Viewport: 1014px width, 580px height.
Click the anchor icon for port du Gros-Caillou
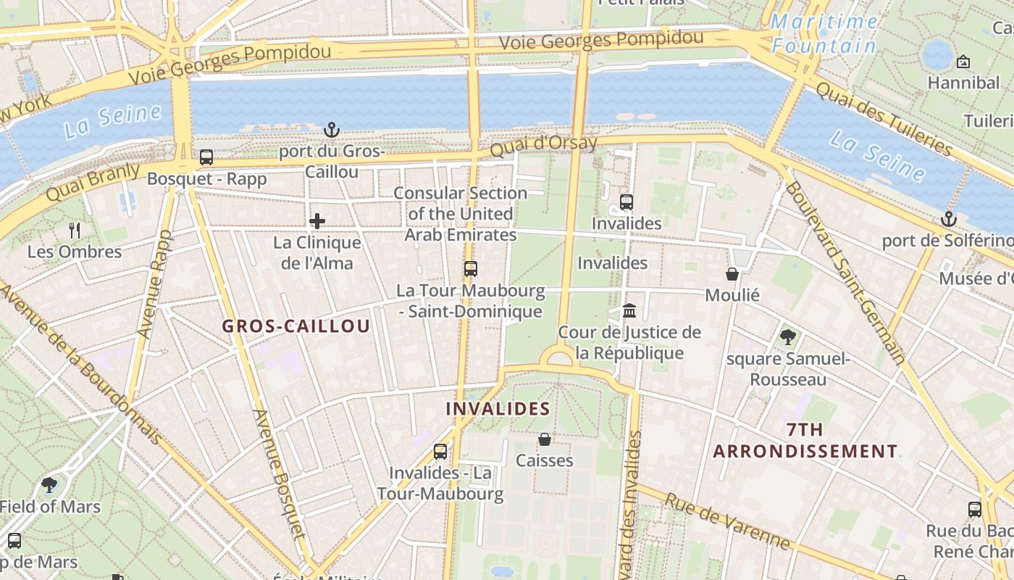coord(331,130)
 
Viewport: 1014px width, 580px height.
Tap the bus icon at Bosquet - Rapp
coord(206,157)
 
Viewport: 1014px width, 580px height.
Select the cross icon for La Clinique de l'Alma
coord(317,222)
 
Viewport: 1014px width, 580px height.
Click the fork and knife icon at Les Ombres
coord(75,231)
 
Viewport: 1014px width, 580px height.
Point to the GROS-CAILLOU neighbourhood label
coord(296,326)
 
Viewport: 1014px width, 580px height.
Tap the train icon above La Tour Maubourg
coord(471,269)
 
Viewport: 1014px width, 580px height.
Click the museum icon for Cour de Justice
coord(629,311)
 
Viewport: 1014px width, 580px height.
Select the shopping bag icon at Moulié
coord(732,274)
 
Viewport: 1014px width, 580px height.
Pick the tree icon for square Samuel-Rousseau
coord(788,337)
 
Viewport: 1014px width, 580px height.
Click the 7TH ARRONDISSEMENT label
coord(805,441)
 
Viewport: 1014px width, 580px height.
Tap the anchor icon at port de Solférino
coord(948,219)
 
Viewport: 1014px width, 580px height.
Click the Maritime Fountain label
coord(824,34)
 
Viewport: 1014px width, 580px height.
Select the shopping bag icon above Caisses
coord(545,439)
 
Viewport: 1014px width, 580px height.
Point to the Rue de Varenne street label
coord(726,521)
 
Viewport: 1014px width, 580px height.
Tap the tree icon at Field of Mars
coord(49,484)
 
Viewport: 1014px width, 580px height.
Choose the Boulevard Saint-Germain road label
coord(845,271)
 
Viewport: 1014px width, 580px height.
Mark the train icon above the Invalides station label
coord(627,202)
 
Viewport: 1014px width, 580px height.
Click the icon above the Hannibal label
coord(963,62)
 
